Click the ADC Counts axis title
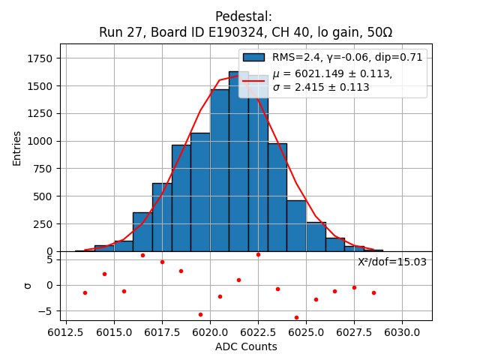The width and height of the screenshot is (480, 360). pos(246,346)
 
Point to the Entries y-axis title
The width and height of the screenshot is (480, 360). pos(17,148)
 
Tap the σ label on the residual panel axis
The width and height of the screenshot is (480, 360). pos(28,285)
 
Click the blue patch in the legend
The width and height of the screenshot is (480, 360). pos(254,58)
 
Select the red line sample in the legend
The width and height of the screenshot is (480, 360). pos(254,80)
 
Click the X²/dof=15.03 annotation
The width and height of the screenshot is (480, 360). pos(392,262)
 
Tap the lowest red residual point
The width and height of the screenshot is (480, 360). pos(296,317)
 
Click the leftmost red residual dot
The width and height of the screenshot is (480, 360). pos(85,292)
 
